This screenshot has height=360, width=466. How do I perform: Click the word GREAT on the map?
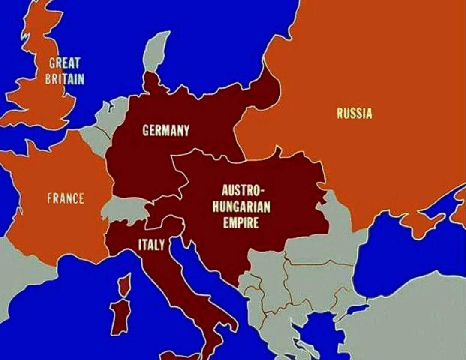64,63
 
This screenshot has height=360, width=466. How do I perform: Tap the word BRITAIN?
65,79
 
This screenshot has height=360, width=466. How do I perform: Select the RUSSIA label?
354,114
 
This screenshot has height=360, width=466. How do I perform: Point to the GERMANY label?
165,131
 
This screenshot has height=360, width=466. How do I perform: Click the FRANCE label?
66,198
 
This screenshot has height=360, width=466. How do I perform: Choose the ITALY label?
151,245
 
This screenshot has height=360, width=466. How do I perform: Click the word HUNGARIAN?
246,207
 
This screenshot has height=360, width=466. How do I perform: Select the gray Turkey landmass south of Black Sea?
412,317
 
